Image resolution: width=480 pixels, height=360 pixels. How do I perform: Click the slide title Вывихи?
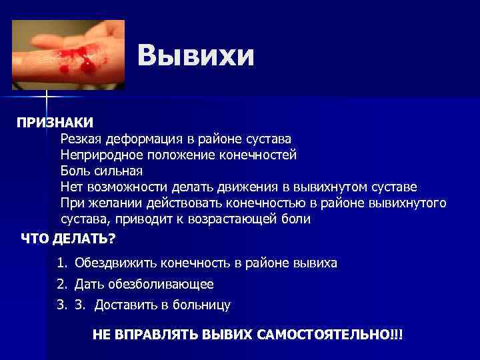point(197,56)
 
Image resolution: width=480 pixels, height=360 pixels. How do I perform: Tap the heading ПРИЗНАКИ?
point(55,123)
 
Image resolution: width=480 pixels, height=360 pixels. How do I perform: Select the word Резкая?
point(80,139)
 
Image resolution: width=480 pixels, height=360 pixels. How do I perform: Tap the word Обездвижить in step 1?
point(109,263)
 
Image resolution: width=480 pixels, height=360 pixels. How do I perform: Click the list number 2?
point(62,284)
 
